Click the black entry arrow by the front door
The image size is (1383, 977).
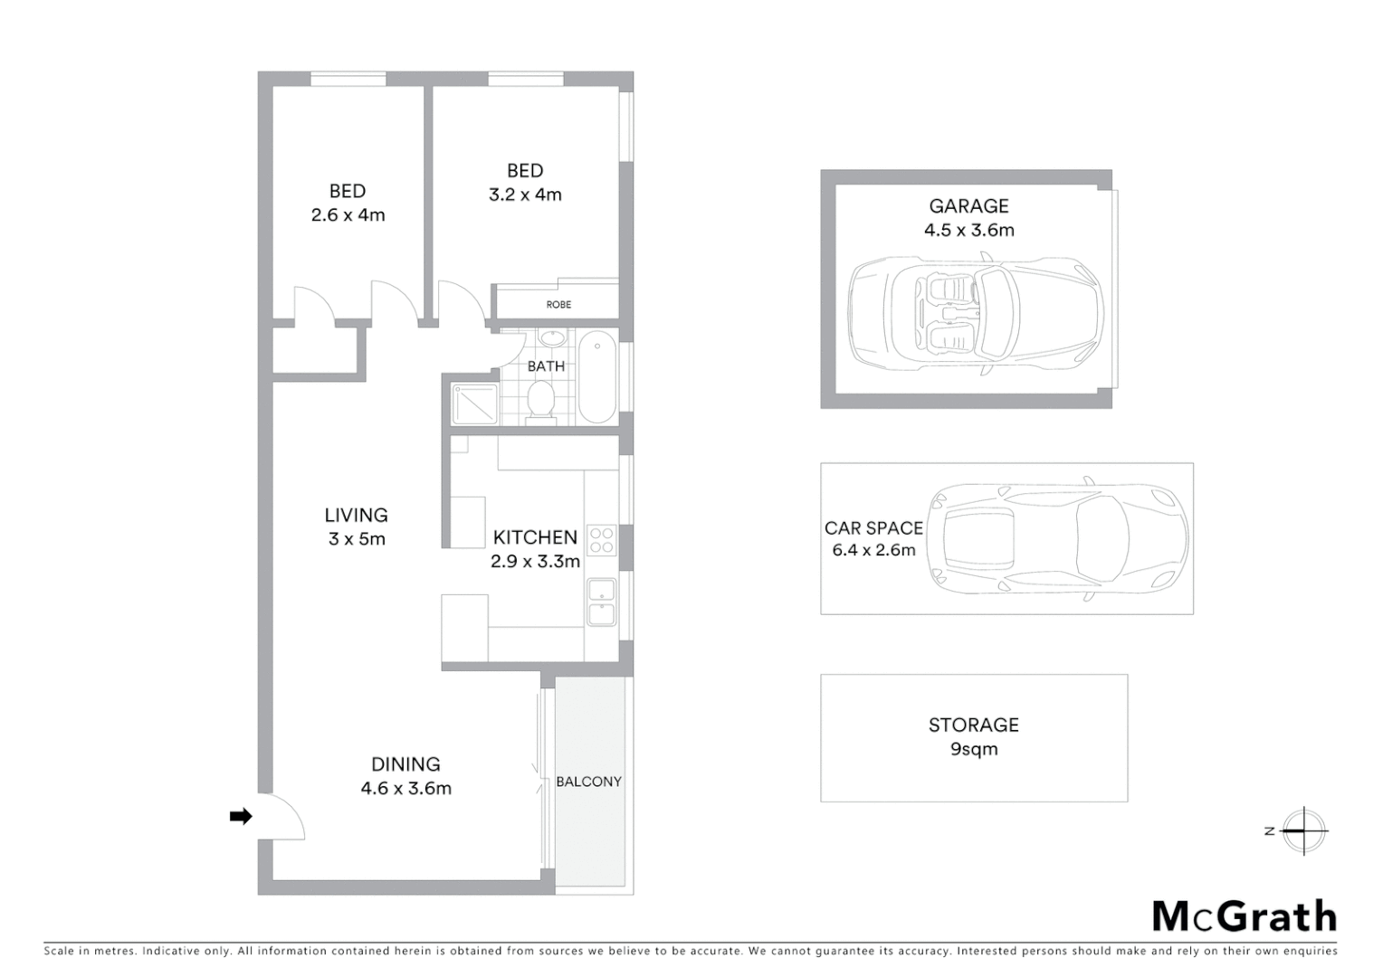pyautogui.click(x=240, y=817)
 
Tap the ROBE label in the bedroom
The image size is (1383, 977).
pyautogui.click(x=558, y=305)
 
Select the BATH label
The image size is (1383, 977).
pyautogui.click(x=546, y=366)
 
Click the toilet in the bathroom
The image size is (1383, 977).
pyautogui.click(x=541, y=401)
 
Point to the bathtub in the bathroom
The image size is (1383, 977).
pyautogui.click(x=596, y=377)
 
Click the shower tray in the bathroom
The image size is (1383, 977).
pyautogui.click(x=475, y=403)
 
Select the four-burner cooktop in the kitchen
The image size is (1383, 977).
pyautogui.click(x=602, y=541)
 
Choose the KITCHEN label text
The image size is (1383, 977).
pyautogui.click(x=535, y=538)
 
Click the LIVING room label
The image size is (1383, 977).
pyautogui.click(x=356, y=516)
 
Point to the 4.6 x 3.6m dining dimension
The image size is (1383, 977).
pyautogui.click(x=405, y=789)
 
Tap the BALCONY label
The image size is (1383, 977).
pyautogui.click(x=589, y=782)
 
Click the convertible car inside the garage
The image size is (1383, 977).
pyautogui.click(x=977, y=311)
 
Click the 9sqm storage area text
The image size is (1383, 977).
pyautogui.click(x=974, y=749)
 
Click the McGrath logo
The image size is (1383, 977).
pyautogui.click(x=1245, y=916)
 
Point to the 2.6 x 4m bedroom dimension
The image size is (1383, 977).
pyautogui.click(x=348, y=215)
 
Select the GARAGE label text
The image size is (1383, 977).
pyautogui.click(x=968, y=206)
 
